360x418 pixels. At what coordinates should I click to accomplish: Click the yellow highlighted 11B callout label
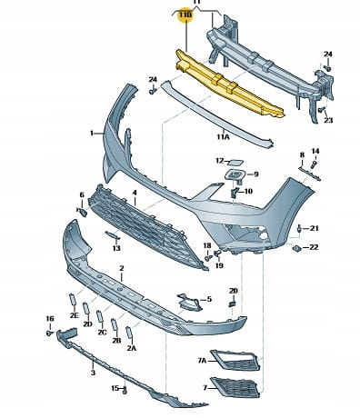click(185, 15)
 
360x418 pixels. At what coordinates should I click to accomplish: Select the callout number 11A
click(223, 137)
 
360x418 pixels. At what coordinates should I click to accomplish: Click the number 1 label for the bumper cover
click(92, 133)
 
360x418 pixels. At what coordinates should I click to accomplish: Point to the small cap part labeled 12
click(235, 162)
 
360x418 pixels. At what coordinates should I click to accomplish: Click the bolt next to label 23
click(322, 110)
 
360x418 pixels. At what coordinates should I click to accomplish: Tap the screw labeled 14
click(314, 164)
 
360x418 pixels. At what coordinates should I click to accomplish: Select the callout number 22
click(314, 247)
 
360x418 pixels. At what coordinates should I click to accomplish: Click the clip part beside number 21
click(299, 229)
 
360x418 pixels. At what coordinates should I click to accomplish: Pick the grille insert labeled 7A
click(235, 360)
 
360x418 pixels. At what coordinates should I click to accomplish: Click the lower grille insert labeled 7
click(235, 387)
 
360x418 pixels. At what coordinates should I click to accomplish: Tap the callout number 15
click(115, 388)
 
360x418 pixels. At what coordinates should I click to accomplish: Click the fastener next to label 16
click(49, 333)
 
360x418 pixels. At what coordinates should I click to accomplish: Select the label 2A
click(132, 348)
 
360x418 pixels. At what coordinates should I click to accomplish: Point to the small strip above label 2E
click(72, 300)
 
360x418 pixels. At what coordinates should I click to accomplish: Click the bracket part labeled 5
click(189, 302)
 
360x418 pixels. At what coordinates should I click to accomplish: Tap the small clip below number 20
click(232, 304)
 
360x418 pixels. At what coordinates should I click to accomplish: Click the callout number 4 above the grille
click(135, 193)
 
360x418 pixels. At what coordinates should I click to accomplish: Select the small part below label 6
click(82, 212)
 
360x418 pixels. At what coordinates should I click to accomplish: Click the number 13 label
click(116, 248)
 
